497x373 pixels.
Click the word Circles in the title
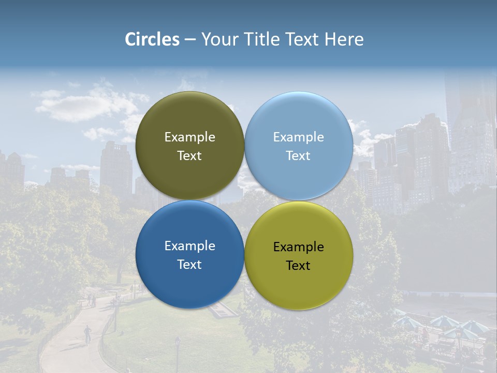pos(152,39)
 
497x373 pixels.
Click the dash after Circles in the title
pos(190,40)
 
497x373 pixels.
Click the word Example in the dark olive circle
pos(189,137)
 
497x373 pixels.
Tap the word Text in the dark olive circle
pos(189,156)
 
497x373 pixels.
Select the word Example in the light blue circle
pos(298,137)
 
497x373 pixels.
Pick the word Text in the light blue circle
pos(298,156)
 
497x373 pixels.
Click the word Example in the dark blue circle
pos(189,246)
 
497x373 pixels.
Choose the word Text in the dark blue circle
pos(189,265)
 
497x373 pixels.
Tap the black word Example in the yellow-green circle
pos(298,247)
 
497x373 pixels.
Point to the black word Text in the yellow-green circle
pos(298,266)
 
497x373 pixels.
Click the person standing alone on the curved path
pos(87,333)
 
